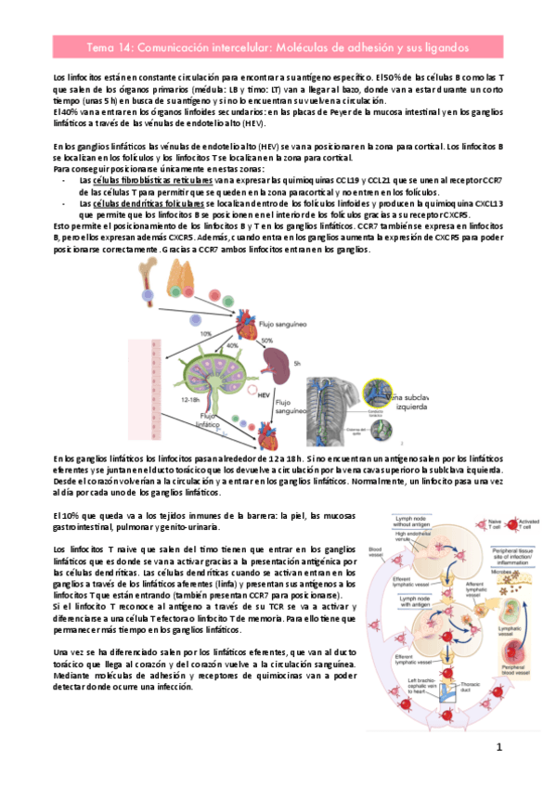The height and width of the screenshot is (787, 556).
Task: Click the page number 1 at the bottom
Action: coord(498,747)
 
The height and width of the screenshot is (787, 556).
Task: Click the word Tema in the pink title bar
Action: coord(101,45)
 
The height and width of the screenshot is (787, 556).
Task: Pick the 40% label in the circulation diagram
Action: coord(223,346)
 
